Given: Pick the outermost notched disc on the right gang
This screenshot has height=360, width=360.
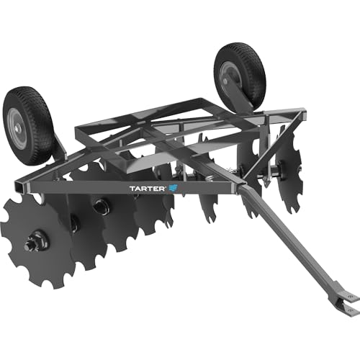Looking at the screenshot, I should tap(288, 173).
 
